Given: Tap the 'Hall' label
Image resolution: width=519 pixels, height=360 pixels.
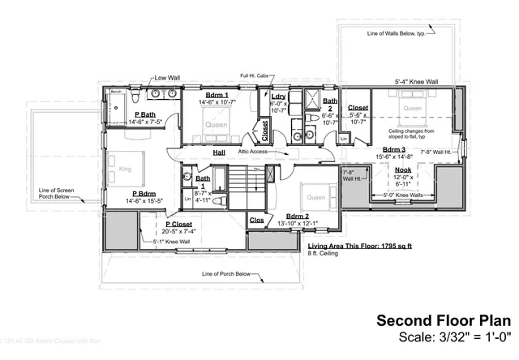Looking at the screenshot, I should [219, 152].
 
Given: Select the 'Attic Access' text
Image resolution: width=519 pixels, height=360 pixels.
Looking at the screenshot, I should [253, 152].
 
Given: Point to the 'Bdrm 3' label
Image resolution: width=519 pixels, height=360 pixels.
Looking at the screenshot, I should [394, 149].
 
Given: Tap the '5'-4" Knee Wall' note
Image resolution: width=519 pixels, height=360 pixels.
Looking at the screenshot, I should [416, 82].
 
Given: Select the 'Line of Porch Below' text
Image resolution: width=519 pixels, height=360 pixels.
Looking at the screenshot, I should [232, 274].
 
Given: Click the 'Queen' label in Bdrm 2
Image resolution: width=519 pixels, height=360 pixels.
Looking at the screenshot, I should [314, 197].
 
